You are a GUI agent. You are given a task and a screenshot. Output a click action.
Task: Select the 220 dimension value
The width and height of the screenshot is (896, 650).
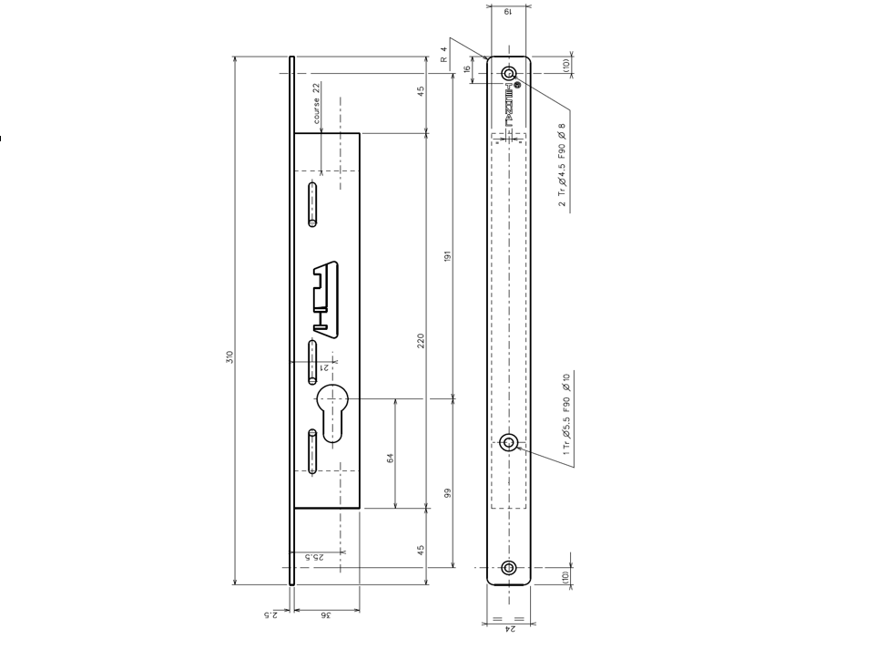(420, 341)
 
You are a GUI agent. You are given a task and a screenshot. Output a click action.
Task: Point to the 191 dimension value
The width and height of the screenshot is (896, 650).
(447, 258)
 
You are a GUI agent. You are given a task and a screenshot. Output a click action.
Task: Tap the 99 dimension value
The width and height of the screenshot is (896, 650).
(447, 493)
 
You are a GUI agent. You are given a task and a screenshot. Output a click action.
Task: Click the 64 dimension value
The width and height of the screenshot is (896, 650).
(390, 459)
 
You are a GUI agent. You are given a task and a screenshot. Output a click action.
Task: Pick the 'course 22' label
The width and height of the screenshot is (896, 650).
(317, 103)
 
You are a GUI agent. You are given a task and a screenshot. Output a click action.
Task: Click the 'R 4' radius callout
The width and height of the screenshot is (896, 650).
(444, 55)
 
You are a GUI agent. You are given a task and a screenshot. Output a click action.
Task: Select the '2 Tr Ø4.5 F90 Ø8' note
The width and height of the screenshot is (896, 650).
(563, 164)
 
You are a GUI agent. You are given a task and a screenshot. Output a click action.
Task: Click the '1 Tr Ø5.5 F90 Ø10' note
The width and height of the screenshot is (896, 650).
(566, 415)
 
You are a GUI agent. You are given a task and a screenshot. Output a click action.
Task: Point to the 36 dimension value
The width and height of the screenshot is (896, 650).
(325, 615)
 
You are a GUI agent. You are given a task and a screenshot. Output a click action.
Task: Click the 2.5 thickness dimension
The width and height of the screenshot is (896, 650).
(269, 615)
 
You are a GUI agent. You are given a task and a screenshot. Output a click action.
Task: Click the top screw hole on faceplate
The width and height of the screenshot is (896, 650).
(508, 73)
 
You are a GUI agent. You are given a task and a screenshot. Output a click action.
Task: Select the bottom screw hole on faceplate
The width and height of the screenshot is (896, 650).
(508, 568)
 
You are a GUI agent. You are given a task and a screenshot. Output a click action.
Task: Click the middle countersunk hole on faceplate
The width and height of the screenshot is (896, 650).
(508, 443)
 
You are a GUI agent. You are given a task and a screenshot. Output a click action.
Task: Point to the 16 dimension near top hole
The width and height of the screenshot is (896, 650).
(467, 69)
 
